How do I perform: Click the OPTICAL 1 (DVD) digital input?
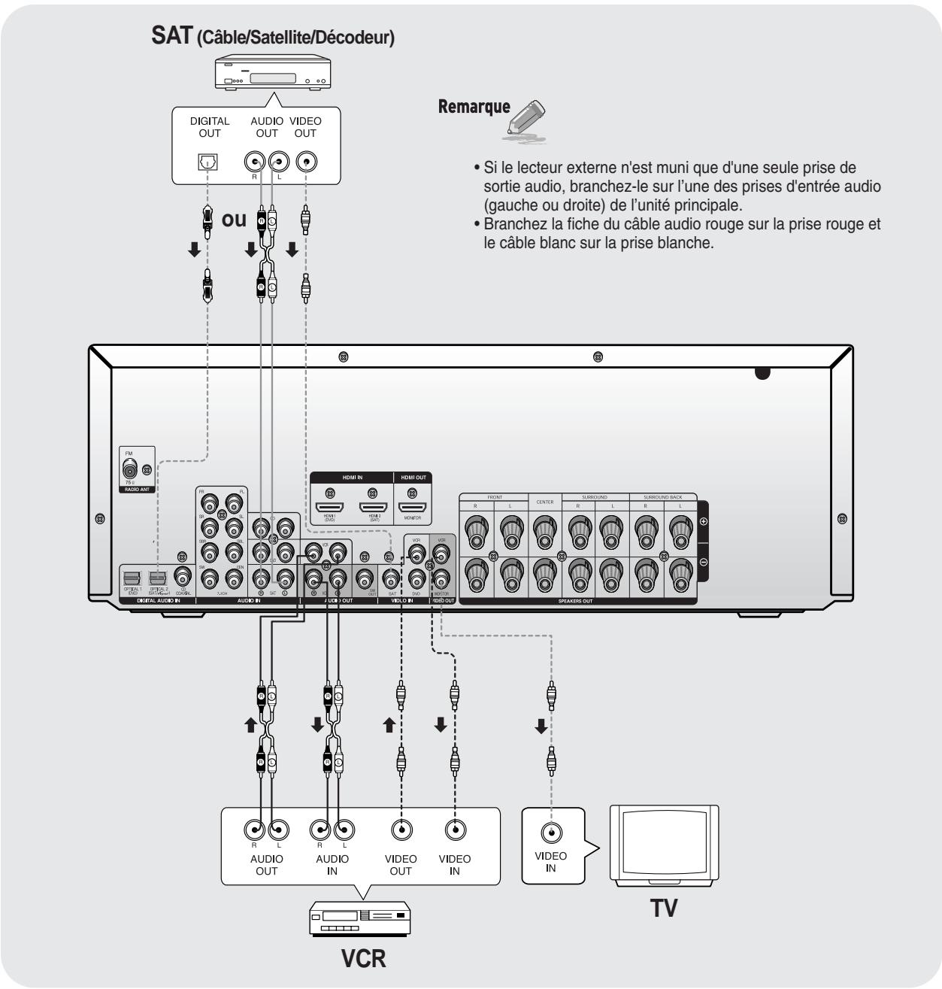click(129, 578)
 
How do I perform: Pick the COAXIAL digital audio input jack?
click(181, 577)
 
